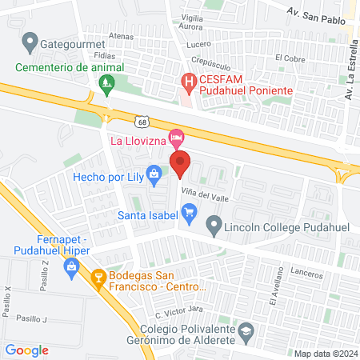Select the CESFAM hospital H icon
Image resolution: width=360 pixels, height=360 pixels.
coord(189,80)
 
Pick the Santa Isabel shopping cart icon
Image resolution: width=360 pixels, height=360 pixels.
coord(190,213)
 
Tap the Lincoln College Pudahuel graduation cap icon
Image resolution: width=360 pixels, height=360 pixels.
coord(214,223)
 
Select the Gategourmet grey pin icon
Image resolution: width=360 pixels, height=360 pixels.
coord(30,39)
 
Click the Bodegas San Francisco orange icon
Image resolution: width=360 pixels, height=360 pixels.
coord(99,278)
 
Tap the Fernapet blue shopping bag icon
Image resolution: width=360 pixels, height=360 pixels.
coord(73,273)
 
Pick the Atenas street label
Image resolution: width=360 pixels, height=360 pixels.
coord(122,36)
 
